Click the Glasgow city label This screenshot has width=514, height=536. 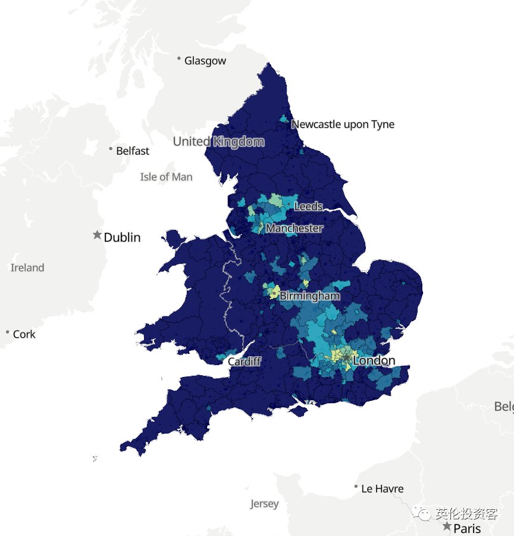click(205, 61)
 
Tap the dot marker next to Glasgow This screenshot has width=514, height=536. click(178, 58)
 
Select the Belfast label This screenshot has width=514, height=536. click(133, 151)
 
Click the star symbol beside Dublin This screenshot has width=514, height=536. click(98, 235)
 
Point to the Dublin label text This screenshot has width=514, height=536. click(122, 238)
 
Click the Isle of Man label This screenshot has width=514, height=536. click(166, 177)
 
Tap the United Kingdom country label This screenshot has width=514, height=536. click(218, 142)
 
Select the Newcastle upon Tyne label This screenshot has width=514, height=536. click(343, 124)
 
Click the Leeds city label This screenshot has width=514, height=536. click(308, 207)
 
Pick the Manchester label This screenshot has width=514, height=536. click(294, 228)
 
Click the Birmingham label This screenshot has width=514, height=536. click(309, 296)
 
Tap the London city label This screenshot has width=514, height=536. click(374, 361)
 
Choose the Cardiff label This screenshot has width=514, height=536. click(244, 362)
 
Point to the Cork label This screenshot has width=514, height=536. click(24, 335)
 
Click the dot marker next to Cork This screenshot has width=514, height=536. click(7, 332)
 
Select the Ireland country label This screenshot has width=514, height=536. click(27, 268)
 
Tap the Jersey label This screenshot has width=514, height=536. click(264, 504)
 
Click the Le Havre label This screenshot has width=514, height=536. click(382, 489)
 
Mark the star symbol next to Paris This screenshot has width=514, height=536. click(447, 526)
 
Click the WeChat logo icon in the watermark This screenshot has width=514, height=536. click(423, 513)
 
